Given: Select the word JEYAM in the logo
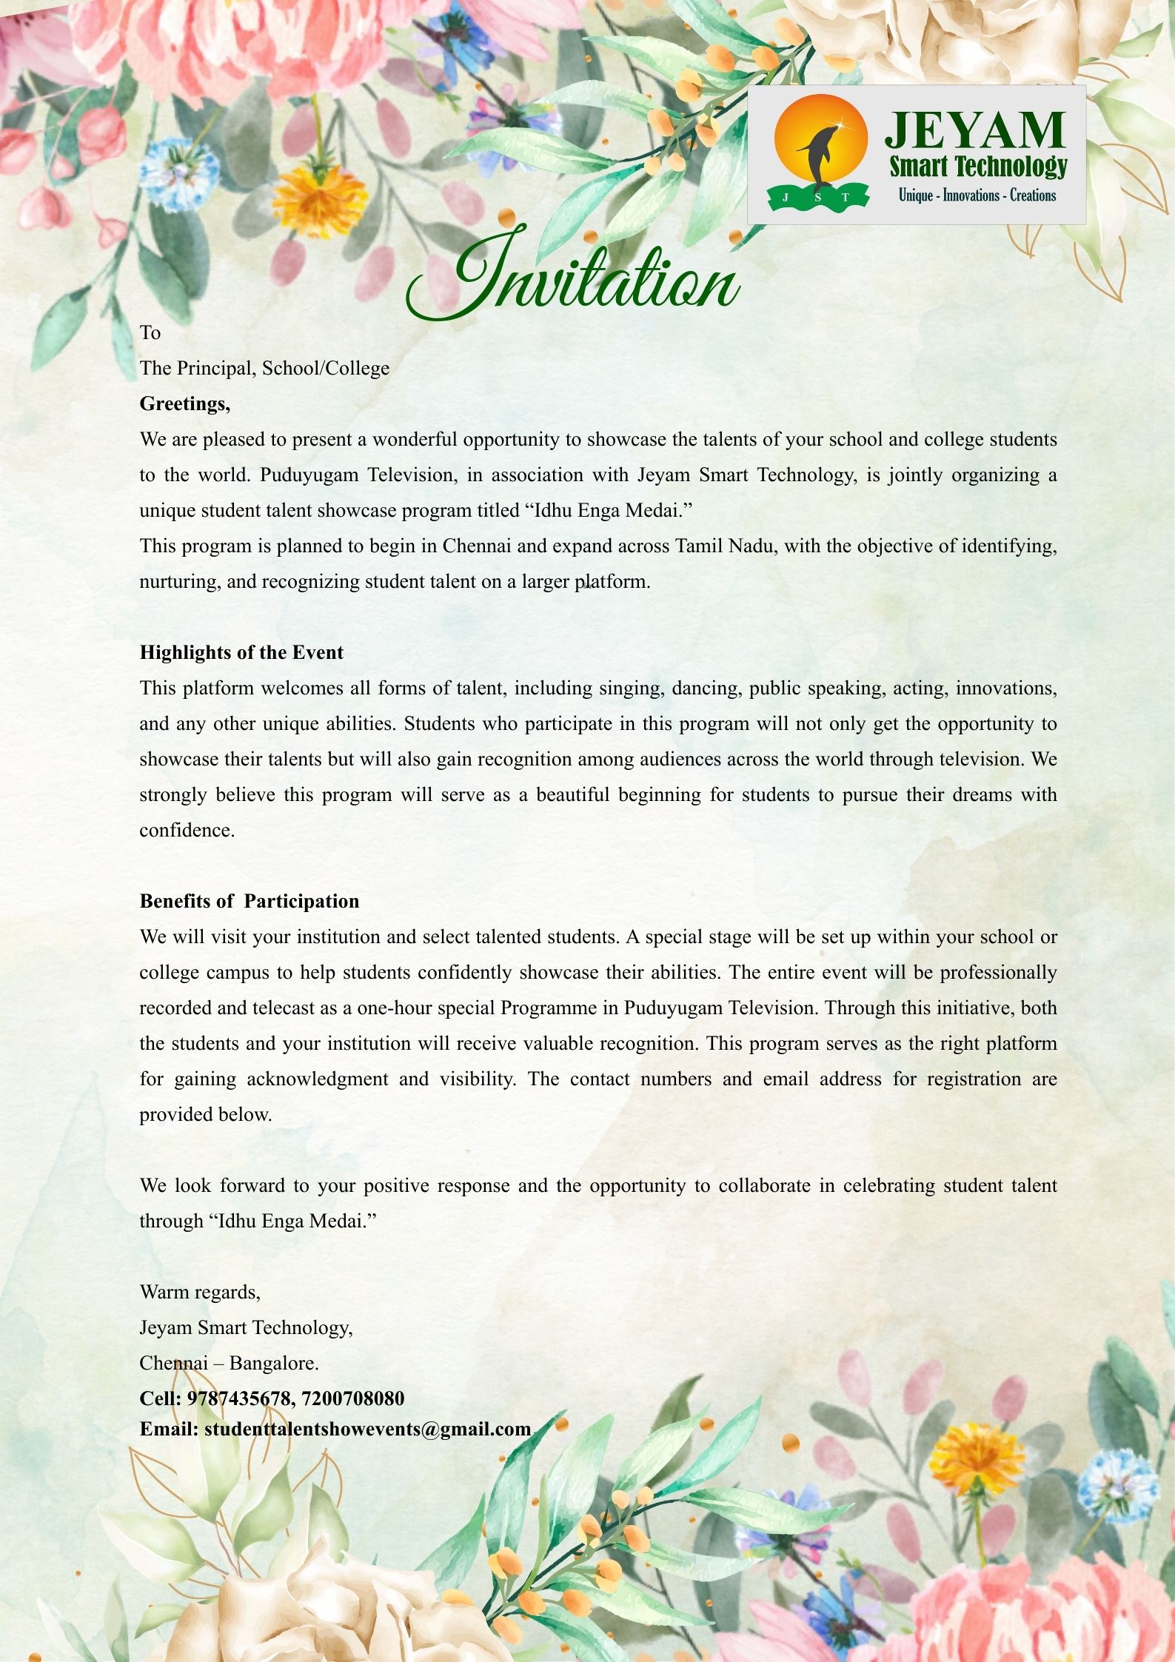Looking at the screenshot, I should pos(975,131).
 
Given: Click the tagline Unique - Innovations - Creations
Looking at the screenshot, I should pos(977,195).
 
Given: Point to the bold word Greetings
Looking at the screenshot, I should pos(185,404).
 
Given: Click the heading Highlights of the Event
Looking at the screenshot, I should pos(241,653).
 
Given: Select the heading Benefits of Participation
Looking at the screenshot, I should pos(250,902).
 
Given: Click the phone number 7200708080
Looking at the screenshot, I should pos(353,1398).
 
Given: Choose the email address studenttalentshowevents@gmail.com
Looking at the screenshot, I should pos(368,1429).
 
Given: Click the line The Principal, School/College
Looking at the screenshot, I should pos(264,369).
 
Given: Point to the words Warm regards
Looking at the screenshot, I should pos(200,1293).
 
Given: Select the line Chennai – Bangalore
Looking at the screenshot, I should pos(230,1363).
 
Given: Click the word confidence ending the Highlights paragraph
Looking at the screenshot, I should pos(187,831).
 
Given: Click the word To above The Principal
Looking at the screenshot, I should pos(150,333).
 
